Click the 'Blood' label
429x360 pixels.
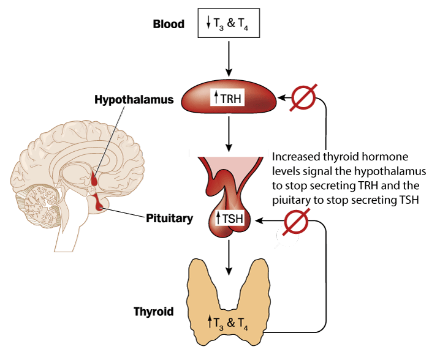(168, 24)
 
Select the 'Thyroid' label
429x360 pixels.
(153, 312)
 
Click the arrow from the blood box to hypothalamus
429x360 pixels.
(228, 58)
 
